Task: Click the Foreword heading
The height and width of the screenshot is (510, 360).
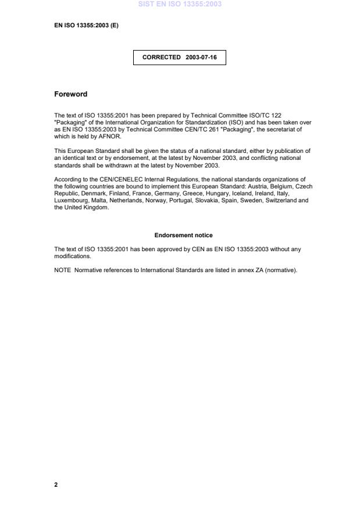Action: pyautogui.click(x=70, y=94)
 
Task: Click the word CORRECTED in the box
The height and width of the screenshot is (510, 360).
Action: pyautogui.click(x=162, y=58)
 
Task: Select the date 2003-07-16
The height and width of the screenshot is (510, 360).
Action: pyautogui.click(x=201, y=58)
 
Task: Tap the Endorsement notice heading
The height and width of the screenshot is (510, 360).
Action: pyautogui.click(x=183, y=236)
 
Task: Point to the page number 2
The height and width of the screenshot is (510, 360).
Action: pyautogui.click(x=56, y=484)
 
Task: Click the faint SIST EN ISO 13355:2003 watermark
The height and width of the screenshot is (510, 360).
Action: pyautogui.click(x=180, y=4)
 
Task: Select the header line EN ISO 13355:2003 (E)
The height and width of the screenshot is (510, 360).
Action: pyautogui.click(x=86, y=26)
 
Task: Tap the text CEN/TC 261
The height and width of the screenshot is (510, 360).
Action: pyautogui.click(x=191, y=130)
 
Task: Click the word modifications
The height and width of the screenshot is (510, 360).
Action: pyautogui.click(x=72, y=256)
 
